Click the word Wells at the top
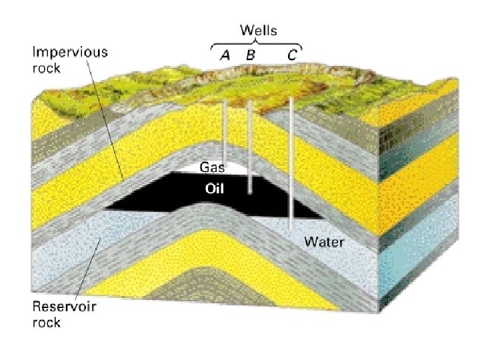[259, 31]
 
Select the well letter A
[225, 56]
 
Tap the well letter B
[250, 56]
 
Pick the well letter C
[292, 56]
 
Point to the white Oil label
[214, 189]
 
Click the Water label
[324, 241]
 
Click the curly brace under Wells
[257, 45]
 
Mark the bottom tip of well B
[250, 193]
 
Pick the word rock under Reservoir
[47, 323]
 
